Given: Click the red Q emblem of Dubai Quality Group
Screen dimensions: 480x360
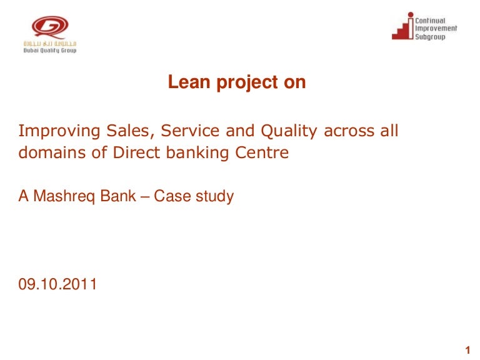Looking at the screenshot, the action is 50,27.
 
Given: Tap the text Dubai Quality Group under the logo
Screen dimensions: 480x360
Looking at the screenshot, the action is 50,51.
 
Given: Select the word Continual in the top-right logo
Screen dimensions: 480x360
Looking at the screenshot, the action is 430,21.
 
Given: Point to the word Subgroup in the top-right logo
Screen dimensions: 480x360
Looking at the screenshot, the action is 430,37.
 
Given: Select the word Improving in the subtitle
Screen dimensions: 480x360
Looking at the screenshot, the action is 59,131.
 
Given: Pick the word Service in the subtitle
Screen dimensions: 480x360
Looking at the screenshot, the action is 190,131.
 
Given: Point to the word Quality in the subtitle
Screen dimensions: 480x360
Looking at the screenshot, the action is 289,132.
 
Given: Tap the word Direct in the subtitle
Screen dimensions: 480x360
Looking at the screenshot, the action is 136,152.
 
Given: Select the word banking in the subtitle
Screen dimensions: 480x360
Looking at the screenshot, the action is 197,153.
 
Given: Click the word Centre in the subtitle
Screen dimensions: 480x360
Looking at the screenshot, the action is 262,152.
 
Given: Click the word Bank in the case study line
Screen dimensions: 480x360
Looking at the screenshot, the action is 118,196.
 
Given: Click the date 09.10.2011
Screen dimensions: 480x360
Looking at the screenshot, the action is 57,284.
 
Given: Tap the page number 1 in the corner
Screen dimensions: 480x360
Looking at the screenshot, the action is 467,350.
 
